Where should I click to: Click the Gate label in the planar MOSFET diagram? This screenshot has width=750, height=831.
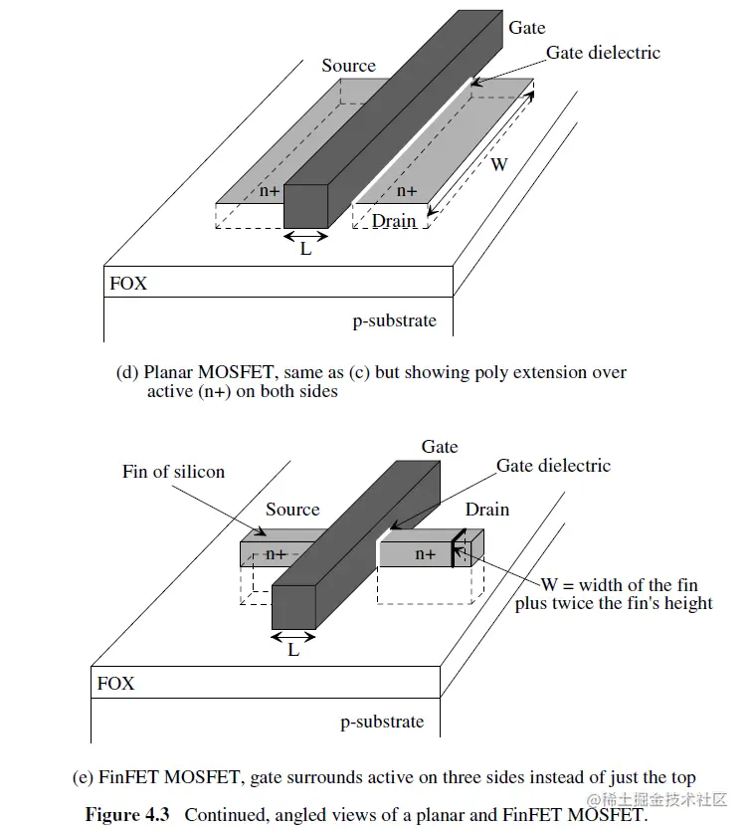(x=526, y=28)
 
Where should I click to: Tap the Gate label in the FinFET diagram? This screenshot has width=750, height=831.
(x=439, y=447)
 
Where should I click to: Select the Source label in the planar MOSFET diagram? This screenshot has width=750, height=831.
(x=348, y=66)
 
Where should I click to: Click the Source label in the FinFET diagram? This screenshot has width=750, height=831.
(x=292, y=510)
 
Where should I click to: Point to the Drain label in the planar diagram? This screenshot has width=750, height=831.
(x=394, y=221)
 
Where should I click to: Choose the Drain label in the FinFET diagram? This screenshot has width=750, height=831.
(x=487, y=510)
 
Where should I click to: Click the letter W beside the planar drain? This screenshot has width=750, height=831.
(x=498, y=164)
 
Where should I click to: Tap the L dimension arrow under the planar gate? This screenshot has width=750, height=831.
(x=306, y=236)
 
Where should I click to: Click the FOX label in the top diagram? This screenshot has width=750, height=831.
(x=128, y=284)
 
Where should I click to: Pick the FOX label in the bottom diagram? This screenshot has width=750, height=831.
(x=115, y=684)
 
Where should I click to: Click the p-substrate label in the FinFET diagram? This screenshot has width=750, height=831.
(x=382, y=722)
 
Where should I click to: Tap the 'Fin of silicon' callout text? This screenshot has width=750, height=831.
(x=174, y=472)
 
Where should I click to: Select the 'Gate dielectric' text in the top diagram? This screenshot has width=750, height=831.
(x=603, y=53)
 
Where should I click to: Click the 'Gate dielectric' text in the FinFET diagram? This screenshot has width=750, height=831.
(x=553, y=466)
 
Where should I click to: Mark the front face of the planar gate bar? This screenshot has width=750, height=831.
(x=305, y=206)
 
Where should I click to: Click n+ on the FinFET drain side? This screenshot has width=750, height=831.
(x=425, y=554)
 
